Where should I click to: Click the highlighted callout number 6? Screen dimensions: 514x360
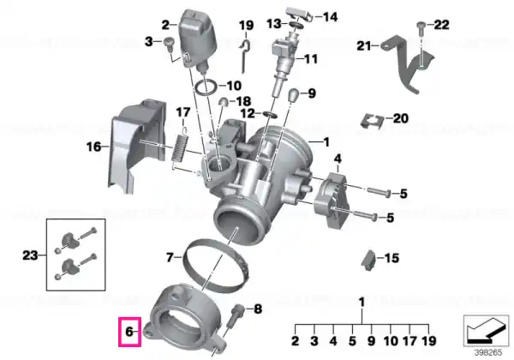pyautogui.click(x=129, y=332)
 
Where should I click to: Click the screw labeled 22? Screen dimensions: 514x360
pyautogui.click(x=421, y=29)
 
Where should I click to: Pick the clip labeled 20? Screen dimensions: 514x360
pyautogui.click(x=373, y=122)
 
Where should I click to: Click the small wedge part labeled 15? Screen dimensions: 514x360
pyautogui.click(x=368, y=261)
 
